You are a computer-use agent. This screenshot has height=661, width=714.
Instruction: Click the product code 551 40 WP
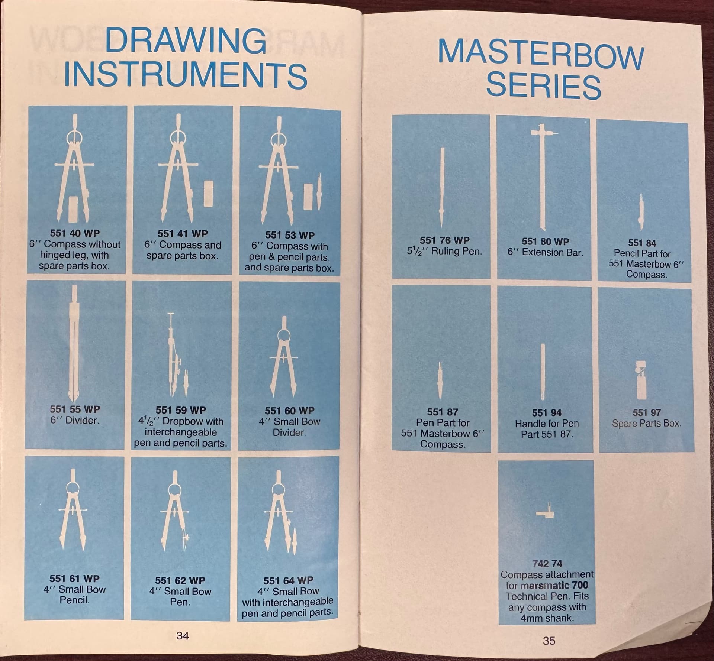coord(75,233)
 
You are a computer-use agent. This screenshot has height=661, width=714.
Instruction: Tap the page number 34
coord(183,636)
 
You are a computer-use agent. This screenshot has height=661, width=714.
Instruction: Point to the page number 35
coord(549,641)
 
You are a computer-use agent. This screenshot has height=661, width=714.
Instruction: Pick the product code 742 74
coord(547,564)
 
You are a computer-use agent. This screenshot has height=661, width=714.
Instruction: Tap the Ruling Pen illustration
coord(442,188)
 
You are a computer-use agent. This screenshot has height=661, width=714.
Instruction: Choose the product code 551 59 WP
coord(181,410)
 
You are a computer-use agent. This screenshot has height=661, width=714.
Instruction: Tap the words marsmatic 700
coord(554,585)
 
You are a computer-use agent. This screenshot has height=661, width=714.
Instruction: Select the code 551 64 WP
coord(288,581)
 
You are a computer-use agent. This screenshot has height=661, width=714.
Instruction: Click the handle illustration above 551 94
coord(543,372)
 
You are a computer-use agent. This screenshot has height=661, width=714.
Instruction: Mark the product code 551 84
coord(642,243)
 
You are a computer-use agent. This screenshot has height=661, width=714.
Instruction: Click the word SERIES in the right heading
coord(543,86)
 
